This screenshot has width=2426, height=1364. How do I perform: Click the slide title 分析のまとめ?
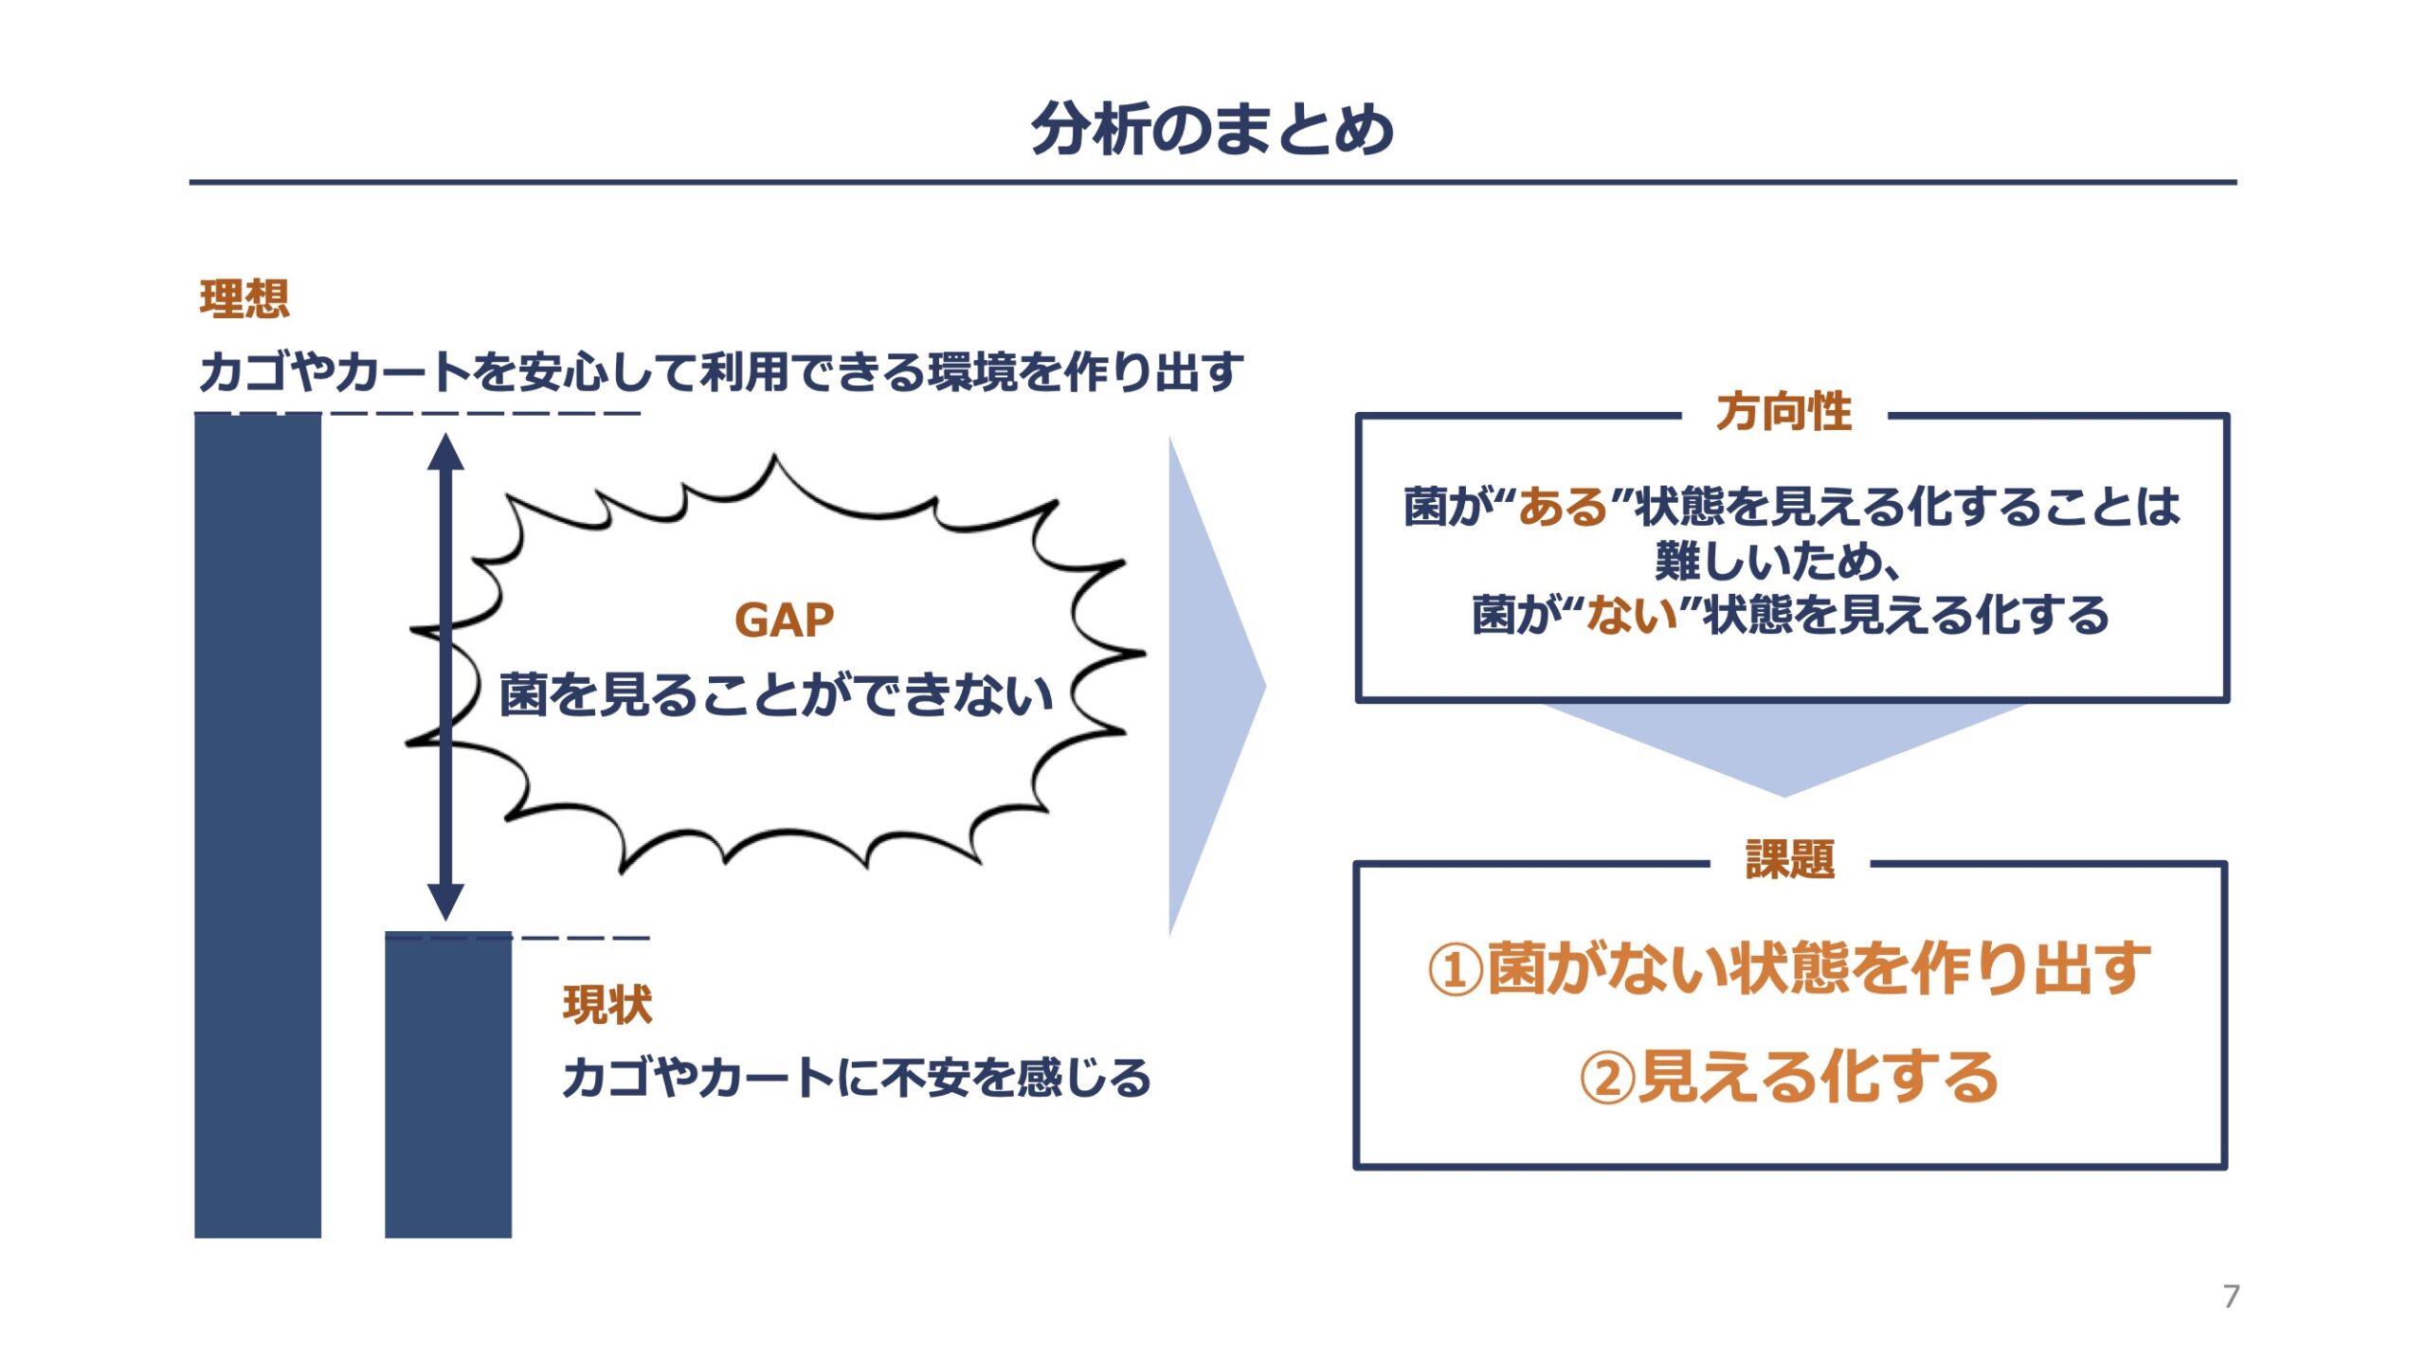[x=1212, y=129]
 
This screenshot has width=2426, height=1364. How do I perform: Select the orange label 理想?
[x=244, y=298]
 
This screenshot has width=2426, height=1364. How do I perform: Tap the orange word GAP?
[x=784, y=620]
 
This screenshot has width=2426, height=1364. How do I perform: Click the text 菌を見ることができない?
[x=776, y=694]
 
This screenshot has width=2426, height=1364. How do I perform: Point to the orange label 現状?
[x=607, y=1004]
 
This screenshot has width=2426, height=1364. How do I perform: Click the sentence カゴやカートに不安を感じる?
[x=857, y=1078]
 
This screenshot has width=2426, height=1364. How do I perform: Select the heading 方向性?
[x=1783, y=411]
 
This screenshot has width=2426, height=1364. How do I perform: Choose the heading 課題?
[x=1790, y=860]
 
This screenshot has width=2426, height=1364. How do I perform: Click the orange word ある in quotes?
[x=1564, y=507]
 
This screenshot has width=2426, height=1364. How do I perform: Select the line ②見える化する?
[x=1789, y=1077]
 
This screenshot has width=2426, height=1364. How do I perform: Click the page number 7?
[x=2232, y=1296]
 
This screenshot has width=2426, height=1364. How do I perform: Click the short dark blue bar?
[x=448, y=1086]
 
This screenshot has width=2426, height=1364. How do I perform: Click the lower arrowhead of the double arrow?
[x=445, y=902]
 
